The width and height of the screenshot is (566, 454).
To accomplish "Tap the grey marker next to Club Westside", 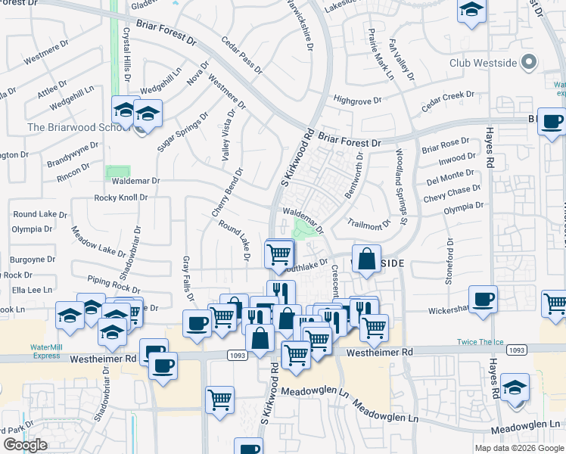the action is coord(529,62).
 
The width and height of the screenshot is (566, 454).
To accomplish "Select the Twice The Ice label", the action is coord(480,342).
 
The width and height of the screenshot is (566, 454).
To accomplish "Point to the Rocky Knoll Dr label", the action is coord(120,197).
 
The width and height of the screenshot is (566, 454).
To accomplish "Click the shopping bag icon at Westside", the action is coord(366,260).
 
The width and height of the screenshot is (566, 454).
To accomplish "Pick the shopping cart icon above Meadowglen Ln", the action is coord(219,399).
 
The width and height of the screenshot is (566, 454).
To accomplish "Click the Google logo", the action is coord(25,445).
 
